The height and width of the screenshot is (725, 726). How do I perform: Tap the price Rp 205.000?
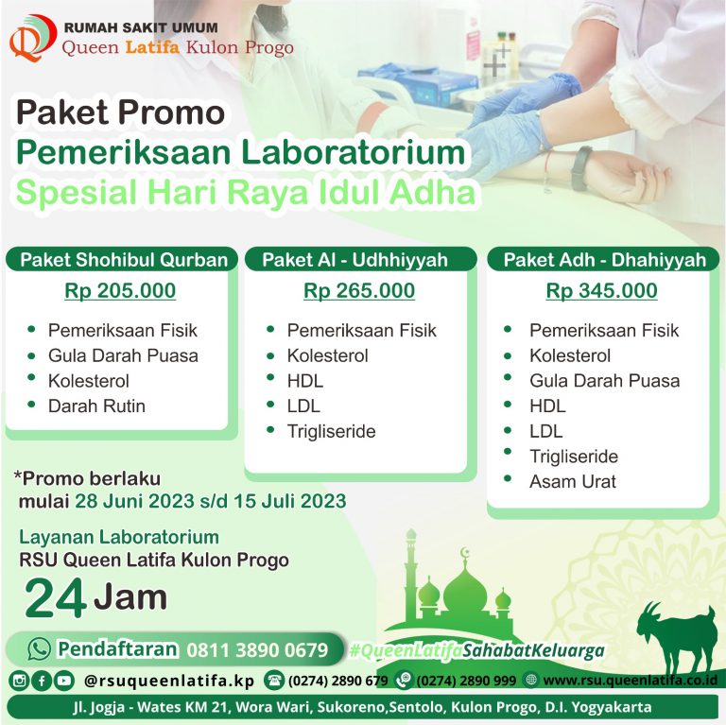(x=120, y=291)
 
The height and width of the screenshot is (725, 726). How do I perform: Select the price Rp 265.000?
(x=359, y=291)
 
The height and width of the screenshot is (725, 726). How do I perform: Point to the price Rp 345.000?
(x=601, y=291)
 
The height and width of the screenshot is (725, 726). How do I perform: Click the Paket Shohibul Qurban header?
(x=124, y=260)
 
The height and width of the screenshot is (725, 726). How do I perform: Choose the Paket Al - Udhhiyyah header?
(x=354, y=260)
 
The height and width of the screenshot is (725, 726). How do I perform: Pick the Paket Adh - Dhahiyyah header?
(x=604, y=260)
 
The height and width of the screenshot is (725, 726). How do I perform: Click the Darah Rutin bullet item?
(x=96, y=406)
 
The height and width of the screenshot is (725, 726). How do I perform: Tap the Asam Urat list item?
(x=572, y=481)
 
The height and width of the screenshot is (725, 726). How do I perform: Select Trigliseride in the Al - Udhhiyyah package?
(x=331, y=431)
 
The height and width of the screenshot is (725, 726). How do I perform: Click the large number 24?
(x=55, y=598)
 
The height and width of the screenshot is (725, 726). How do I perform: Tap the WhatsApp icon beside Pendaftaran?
(x=39, y=648)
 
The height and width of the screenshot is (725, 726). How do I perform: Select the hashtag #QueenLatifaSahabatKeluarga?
(x=476, y=650)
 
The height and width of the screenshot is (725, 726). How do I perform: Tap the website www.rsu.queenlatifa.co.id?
(x=630, y=680)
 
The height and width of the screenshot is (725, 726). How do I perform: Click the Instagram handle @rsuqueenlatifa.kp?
(x=168, y=680)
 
